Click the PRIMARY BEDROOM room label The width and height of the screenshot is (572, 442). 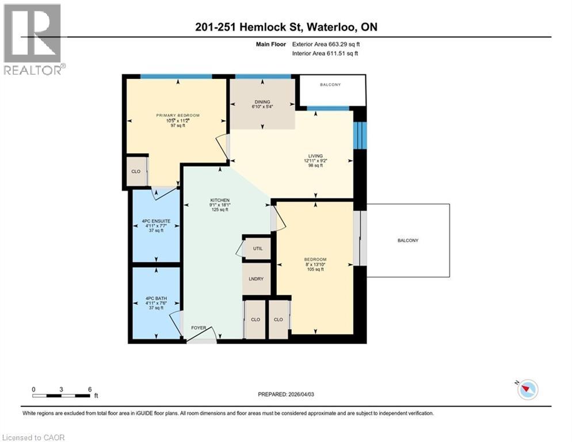pyautogui.click(x=178, y=115)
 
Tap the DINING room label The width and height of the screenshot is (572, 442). pyautogui.click(x=262, y=102)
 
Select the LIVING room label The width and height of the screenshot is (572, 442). pyautogui.click(x=315, y=156)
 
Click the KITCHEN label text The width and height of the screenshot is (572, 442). pyautogui.click(x=220, y=200)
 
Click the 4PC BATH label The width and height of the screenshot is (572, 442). pyautogui.click(x=156, y=298)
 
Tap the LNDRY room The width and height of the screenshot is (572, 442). pyautogui.click(x=257, y=278)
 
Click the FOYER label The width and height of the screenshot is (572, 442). pyautogui.click(x=199, y=328)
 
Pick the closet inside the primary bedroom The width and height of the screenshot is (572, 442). pyautogui.click(x=136, y=172)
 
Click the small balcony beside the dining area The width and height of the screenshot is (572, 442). pyautogui.click(x=330, y=85)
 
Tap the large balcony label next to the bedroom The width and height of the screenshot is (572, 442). pyautogui.click(x=407, y=240)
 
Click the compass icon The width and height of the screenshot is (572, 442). pyautogui.click(x=527, y=390)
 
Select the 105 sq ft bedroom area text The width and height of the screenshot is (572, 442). pyautogui.click(x=315, y=269)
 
